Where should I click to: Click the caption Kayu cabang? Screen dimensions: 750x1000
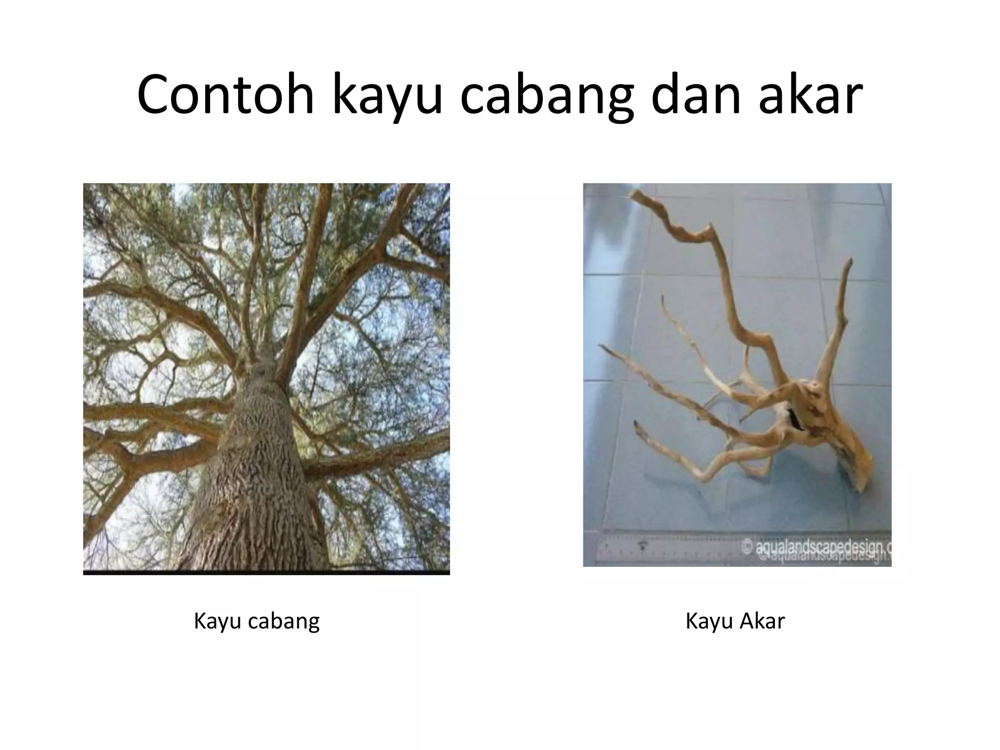tap(256, 622)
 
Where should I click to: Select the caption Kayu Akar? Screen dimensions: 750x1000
tap(735, 622)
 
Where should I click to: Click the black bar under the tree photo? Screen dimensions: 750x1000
tap(266, 572)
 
